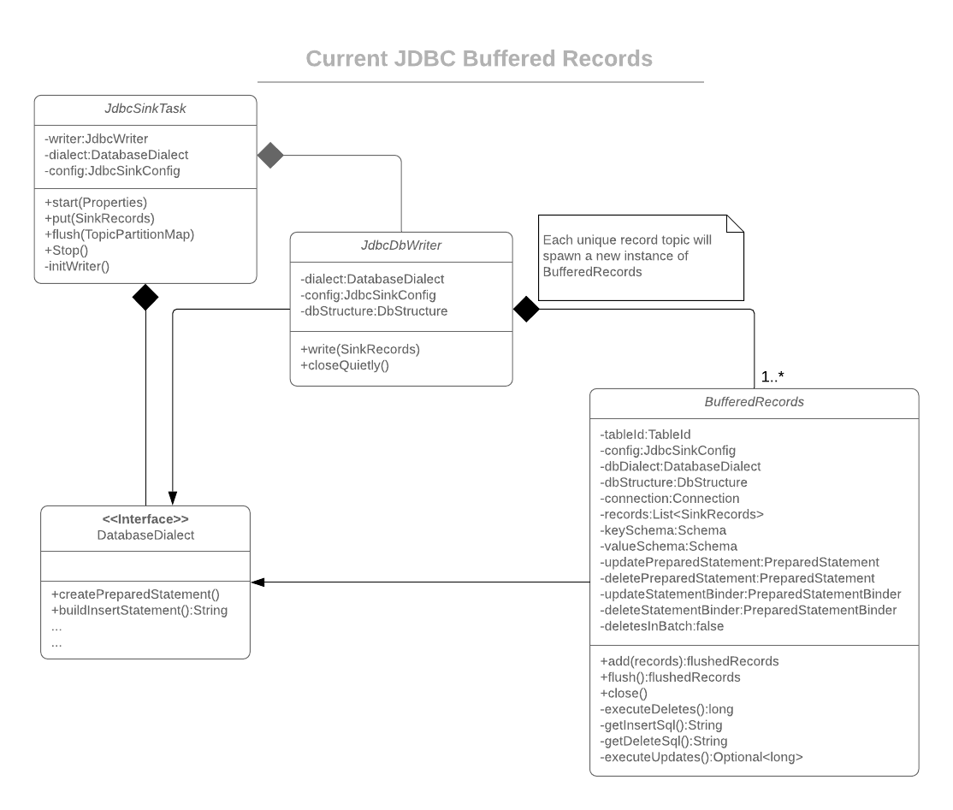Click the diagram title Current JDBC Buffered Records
pos(479,59)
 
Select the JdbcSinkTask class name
pos(145,110)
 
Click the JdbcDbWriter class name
pos(401,247)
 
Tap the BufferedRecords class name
pos(754,402)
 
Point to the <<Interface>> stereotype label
pos(145,518)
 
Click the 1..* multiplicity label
pos(772,376)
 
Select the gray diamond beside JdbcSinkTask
pos(270,156)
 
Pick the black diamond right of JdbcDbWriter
pos(526,310)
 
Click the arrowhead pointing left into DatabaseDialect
pos(257,582)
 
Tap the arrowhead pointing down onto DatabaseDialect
pos(173,498)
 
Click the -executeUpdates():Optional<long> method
pos(701,757)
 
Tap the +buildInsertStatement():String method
pos(139,610)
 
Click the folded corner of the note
pos(735,224)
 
